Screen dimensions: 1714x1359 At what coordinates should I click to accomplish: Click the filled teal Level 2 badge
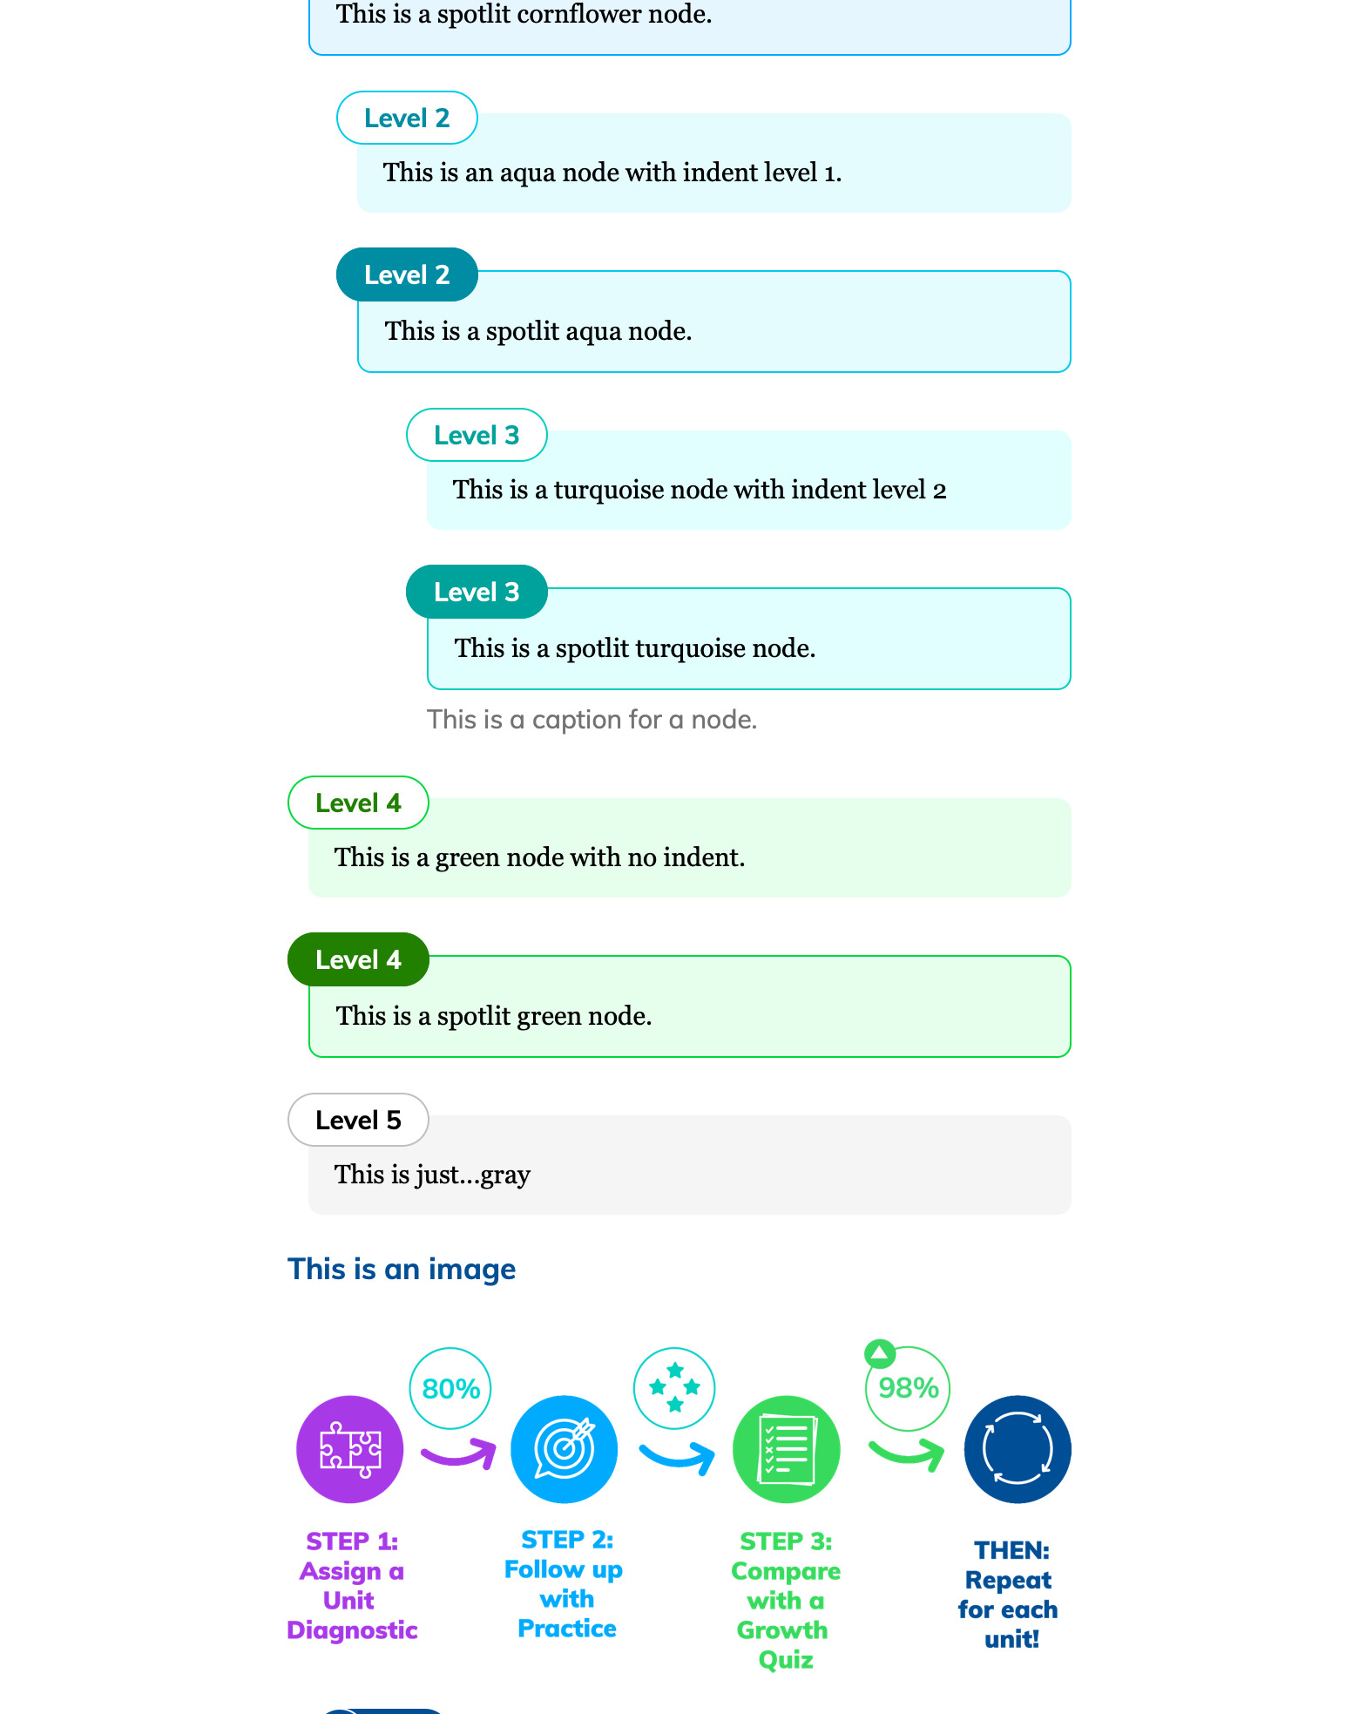pyautogui.click(x=407, y=274)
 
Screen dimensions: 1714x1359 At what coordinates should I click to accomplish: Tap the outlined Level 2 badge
pyautogui.click(x=407, y=118)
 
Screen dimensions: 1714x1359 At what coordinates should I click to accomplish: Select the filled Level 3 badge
pyautogui.click(x=477, y=592)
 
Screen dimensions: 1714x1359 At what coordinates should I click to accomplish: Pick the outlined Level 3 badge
pyautogui.click(x=477, y=435)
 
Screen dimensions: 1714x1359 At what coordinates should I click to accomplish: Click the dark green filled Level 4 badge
pyautogui.click(x=358, y=959)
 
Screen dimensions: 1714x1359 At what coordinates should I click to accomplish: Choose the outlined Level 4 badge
pyautogui.click(x=358, y=803)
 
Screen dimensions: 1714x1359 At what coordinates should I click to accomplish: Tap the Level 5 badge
pyautogui.click(x=358, y=1120)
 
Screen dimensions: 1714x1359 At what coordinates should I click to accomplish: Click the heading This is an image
pyautogui.click(x=402, y=1269)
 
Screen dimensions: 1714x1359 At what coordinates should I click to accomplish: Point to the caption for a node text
pyautogui.click(x=592, y=720)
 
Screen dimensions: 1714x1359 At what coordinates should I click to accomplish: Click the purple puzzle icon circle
pyautogui.click(x=350, y=1449)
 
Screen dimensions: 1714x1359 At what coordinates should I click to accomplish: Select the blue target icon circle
pyautogui.click(x=565, y=1449)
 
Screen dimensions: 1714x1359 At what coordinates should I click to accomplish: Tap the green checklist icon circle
pyautogui.click(x=787, y=1449)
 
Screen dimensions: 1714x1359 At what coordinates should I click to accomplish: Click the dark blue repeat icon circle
pyautogui.click(x=1018, y=1449)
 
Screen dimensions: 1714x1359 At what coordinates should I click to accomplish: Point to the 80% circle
pyautogui.click(x=450, y=1388)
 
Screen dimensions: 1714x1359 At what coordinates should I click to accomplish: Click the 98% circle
pyautogui.click(x=908, y=1388)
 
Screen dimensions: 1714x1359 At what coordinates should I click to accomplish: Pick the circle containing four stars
pyautogui.click(x=674, y=1388)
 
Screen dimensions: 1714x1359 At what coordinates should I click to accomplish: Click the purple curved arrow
pyautogui.click(x=458, y=1453)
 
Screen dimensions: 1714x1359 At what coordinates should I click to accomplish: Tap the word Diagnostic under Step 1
pyautogui.click(x=352, y=1629)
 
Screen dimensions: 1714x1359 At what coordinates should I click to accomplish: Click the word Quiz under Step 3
pyautogui.click(x=786, y=1659)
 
